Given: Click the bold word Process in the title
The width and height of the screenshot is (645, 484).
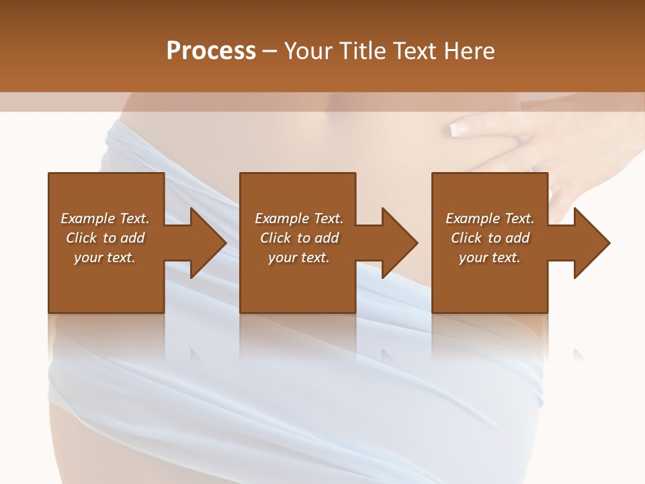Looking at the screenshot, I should [x=211, y=51].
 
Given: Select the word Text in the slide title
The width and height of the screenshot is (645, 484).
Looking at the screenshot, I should [x=413, y=51].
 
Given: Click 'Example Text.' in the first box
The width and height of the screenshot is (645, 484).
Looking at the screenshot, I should [x=105, y=218].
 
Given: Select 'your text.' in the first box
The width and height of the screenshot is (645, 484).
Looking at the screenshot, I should [x=105, y=257].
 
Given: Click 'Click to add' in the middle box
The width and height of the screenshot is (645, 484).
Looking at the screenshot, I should [x=299, y=238].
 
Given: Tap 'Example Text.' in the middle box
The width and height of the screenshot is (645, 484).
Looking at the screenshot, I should [x=299, y=218].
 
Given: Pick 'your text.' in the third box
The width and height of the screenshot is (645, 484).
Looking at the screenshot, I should [x=490, y=257].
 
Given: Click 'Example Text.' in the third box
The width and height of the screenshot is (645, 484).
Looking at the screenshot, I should [x=490, y=218].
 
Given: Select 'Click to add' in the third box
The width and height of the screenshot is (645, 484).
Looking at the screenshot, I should [x=490, y=238].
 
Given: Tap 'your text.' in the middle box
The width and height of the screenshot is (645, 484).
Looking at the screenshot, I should [x=299, y=257].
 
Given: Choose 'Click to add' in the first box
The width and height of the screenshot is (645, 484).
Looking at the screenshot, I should [x=105, y=238].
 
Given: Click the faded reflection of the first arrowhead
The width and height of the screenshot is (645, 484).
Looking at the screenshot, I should [x=196, y=355].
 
